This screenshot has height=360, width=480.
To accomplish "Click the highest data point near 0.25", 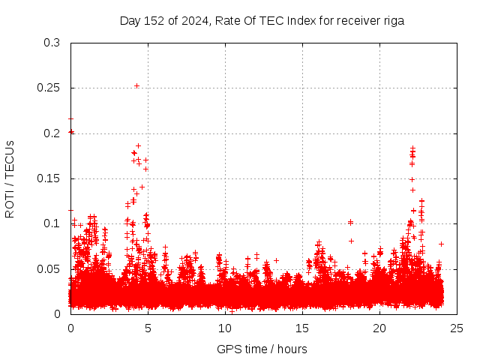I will coord(136,85).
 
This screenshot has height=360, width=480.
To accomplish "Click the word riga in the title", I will coord(393,21).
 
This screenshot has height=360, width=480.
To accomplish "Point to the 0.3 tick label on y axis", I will coord(52,43).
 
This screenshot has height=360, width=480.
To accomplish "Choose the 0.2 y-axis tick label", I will coord(52,133).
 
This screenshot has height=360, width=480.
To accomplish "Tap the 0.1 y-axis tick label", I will coord(52,223).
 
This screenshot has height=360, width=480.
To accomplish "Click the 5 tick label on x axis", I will coord(148,328).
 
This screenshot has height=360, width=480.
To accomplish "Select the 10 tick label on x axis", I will coord(225,328).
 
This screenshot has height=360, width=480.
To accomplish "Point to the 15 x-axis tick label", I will coord(302,328).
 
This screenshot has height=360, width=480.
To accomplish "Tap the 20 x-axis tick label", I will coord(379,328).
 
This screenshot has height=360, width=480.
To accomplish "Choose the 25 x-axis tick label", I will coord(457,328).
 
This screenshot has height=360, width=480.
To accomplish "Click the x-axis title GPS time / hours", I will coord(262,349).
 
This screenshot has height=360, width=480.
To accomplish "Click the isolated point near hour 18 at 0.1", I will coord(350,222).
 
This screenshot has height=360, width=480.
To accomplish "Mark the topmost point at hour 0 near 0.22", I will coord(70,118).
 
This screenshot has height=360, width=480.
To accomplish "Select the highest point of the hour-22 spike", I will coord(412,148).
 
